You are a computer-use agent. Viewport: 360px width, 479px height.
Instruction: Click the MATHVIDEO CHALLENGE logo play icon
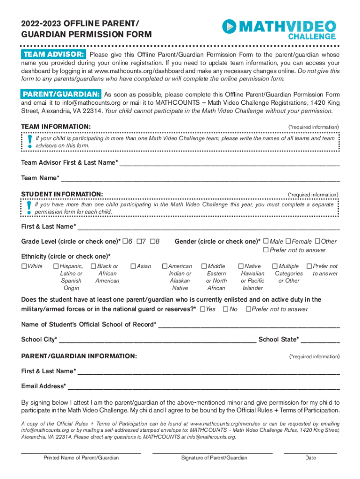point(230,27)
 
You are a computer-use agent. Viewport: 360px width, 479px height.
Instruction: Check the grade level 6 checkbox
point(125,241)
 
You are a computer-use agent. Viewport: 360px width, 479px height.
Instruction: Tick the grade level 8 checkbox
point(152,241)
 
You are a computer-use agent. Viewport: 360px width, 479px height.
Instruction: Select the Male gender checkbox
point(266,241)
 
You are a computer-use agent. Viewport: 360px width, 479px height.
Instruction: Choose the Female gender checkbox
point(288,241)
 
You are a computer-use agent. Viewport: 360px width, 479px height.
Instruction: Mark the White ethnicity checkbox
point(24,266)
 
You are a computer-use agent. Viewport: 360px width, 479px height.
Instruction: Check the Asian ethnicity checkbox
point(133,266)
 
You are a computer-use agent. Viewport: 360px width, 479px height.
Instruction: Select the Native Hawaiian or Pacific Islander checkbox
point(241,266)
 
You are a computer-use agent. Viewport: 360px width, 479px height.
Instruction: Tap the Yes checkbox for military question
point(202,309)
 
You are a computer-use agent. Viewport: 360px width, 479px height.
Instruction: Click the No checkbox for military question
point(226,309)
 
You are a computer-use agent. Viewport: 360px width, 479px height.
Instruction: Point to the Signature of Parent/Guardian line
point(212,452)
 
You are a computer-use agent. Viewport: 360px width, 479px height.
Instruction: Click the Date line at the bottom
point(310,452)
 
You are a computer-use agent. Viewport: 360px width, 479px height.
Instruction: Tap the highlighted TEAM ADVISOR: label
point(53,54)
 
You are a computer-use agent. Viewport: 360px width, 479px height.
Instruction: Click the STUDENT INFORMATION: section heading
point(62,194)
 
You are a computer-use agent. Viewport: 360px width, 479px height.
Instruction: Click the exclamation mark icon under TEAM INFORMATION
point(29,141)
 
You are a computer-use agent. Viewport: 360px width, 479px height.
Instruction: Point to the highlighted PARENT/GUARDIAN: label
point(61,94)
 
